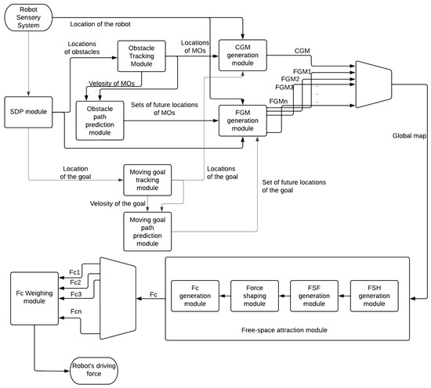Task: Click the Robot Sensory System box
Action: point(27,17)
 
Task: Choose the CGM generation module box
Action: point(242,56)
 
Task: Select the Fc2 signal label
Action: point(75,282)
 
